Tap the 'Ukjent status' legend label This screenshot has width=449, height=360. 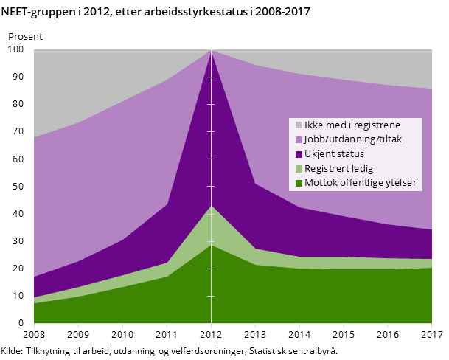(x=334, y=154)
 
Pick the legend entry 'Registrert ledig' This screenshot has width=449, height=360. (x=338, y=168)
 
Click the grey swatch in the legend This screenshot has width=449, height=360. (x=299, y=125)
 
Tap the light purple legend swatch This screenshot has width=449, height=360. (x=299, y=139)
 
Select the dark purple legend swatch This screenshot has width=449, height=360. (x=299, y=154)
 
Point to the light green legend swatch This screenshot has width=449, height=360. (x=299, y=169)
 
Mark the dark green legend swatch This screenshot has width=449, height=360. (x=299, y=183)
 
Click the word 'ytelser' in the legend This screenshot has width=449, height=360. (x=401, y=183)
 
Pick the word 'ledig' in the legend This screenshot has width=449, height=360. (x=362, y=168)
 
